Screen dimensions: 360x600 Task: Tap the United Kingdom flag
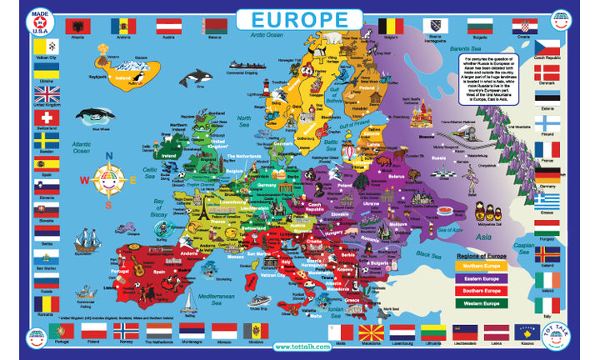click(47, 93)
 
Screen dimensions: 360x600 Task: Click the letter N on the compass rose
click(107, 156)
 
